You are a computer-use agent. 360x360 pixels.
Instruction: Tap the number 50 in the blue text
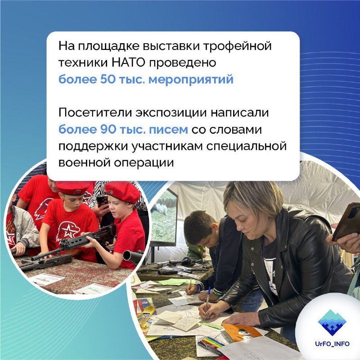click(108, 79)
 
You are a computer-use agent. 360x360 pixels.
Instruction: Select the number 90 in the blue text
click(108, 130)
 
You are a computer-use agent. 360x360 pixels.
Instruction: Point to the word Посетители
click(95, 113)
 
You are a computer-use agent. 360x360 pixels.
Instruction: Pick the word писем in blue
click(168, 130)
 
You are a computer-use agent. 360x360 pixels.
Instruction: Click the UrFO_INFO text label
click(332, 344)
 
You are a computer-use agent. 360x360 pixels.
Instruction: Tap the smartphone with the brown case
click(346, 221)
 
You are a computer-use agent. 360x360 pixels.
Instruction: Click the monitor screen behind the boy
click(163, 216)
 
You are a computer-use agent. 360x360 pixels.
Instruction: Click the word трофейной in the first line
click(238, 46)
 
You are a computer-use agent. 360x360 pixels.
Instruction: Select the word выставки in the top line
click(171, 46)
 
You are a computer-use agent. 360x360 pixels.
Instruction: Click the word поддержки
click(93, 147)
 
